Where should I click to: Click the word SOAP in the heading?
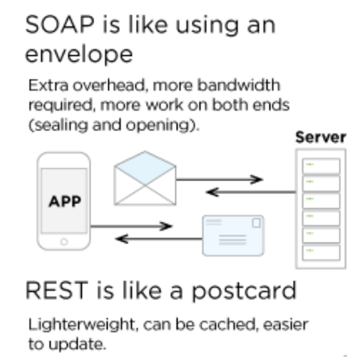pos(60,25)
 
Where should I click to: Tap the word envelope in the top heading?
pos(79,55)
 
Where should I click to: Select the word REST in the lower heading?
pos(57,290)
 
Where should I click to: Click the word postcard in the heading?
pos(244,291)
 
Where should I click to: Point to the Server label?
pos(321,137)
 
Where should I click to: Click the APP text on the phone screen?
pos(65,201)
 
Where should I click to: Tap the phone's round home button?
pos(64,242)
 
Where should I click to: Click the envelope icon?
pos(145,178)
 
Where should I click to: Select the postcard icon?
pos(233,235)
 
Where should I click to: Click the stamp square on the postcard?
pos(256,223)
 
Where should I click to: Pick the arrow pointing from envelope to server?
pos(219,180)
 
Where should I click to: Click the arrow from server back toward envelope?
pos(251,192)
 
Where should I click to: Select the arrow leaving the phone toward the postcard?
pos(131,226)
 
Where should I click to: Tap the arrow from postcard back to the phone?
pos(159,239)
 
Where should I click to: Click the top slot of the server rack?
pos(321,166)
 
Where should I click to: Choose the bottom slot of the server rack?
pos(321,252)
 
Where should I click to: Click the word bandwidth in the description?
pos(239,85)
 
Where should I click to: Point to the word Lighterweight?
pos(82,325)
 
